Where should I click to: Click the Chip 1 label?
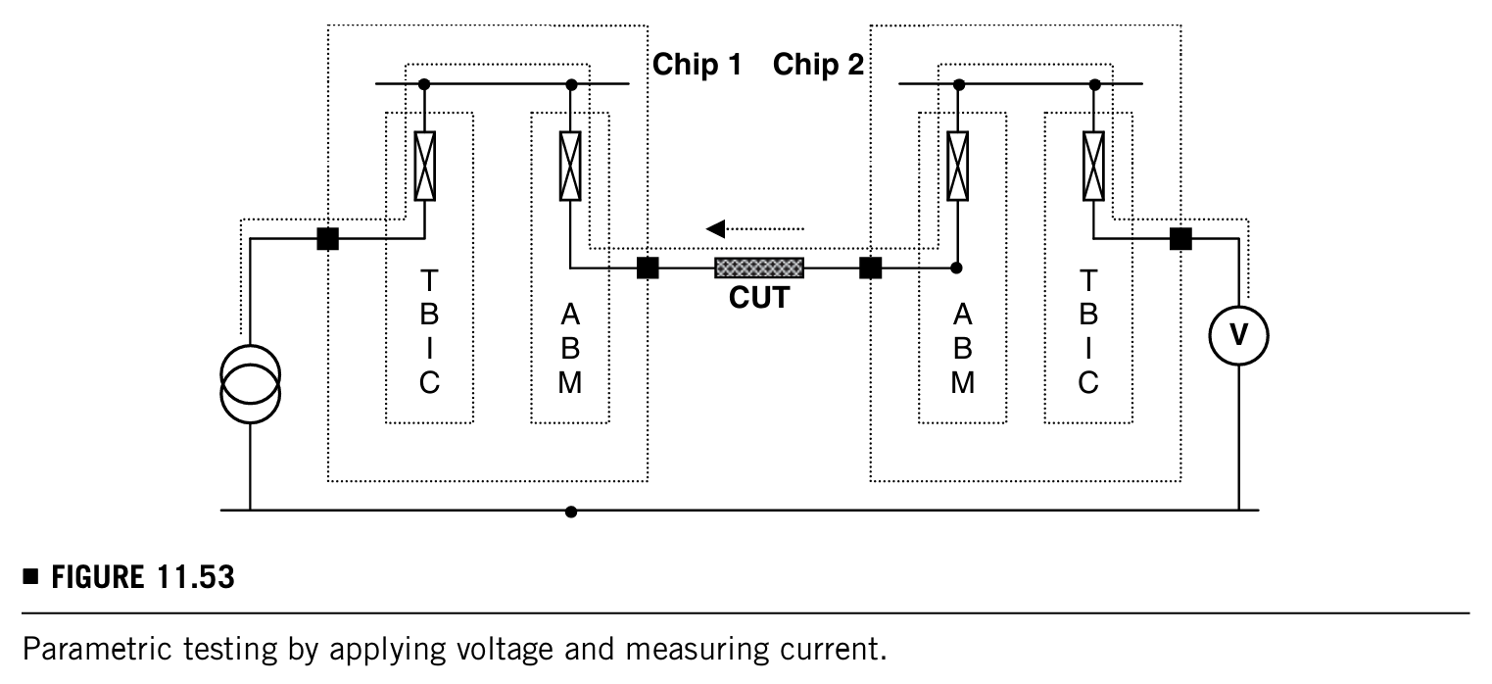pos(697,65)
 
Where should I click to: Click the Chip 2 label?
pos(818,65)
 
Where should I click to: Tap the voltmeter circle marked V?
pos(1238,336)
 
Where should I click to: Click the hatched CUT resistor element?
pos(759,268)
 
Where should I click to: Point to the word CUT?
pos(759,298)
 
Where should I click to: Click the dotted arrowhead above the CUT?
pos(715,229)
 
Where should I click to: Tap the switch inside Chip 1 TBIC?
pos(425,166)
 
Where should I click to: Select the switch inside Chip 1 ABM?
pos(570,166)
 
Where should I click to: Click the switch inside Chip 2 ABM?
pos(957,166)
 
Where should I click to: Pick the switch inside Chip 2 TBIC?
pos(1093,166)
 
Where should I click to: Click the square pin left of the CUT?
pos(648,268)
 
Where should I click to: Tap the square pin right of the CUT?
pos(871,268)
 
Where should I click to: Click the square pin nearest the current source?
pos(328,238)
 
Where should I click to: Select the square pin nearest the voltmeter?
pos(1180,238)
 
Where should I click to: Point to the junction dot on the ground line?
pos(571,512)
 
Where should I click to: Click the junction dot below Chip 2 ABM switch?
pos(956,268)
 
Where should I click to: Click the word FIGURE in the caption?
pos(97,577)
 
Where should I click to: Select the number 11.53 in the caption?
pos(196,577)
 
